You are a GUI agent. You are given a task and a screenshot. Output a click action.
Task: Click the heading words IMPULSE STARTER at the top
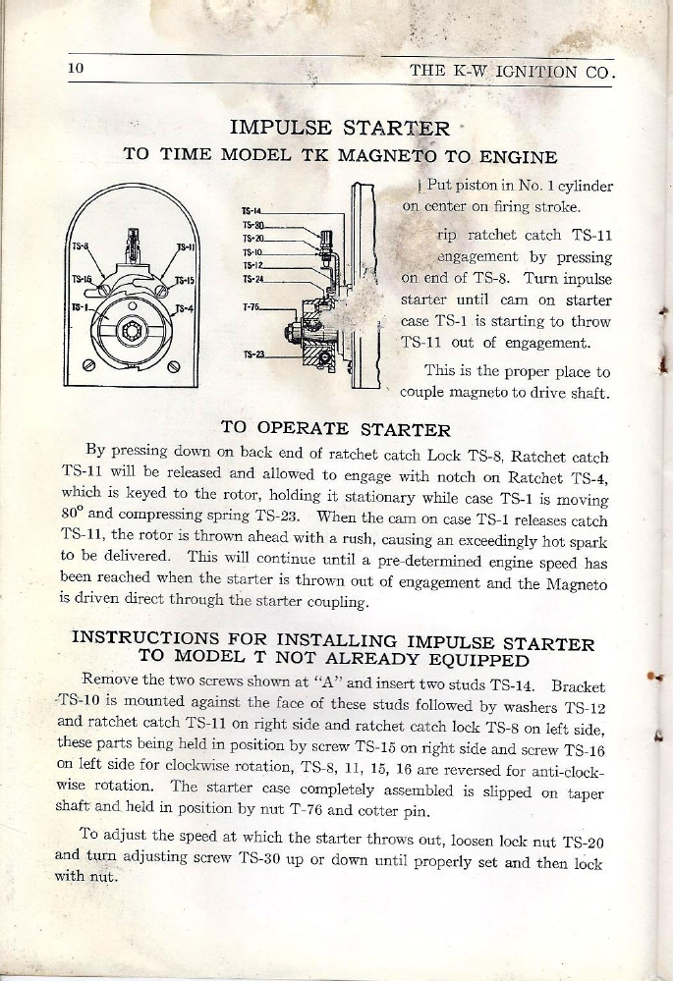pos(340,128)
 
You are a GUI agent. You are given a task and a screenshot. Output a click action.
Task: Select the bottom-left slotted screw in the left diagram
pos(89,367)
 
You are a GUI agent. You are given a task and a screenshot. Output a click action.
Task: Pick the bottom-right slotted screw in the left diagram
pos(174,367)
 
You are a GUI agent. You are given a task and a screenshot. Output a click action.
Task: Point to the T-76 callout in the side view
pos(252,307)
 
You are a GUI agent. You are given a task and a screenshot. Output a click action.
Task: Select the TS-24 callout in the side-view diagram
pos(252,278)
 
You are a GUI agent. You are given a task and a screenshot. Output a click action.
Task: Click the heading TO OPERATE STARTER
pos(336,429)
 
